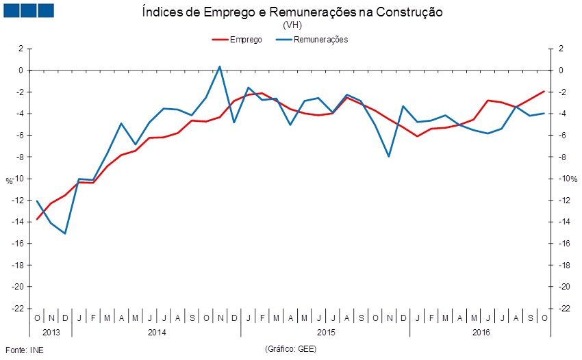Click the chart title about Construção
pyautogui.click(x=292, y=12)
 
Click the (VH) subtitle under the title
pyautogui.click(x=292, y=25)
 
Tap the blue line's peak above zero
pyautogui.click(x=219, y=66)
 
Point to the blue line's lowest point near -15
pyautogui.click(x=65, y=233)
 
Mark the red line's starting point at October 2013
pyautogui.click(x=37, y=219)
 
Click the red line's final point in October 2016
pyautogui.click(x=544, y=91)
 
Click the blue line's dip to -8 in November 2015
pyautogui.click(x=389, y=157)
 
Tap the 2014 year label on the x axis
pyautogui.click(x=156, y=332)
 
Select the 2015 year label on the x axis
pyautogui.click(x=325, y=332)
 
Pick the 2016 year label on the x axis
pyautogui.click(x=481, y=332)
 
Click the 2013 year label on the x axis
pyautogui.click(x=51, y=332)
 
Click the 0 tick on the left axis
pyautogui.click(x=21, y=70)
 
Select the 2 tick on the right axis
pyautogui.click(x=561, y=49)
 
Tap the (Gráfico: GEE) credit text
pyautogui.click(x=291, y=349)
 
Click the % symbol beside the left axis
pyautogui.click(x=9, y=181)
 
